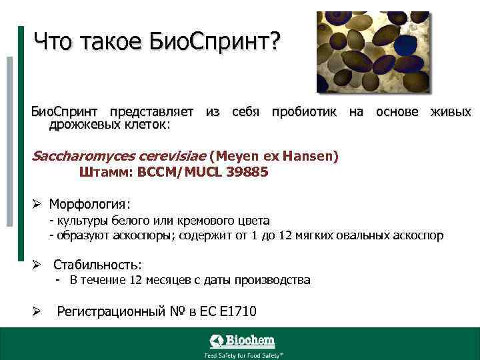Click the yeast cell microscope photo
point(373,52)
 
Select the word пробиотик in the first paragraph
point(304,112)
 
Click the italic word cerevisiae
point(170,157)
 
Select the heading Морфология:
point(90,203)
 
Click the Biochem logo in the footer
point(242,341)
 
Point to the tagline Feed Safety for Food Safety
point(243,355)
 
